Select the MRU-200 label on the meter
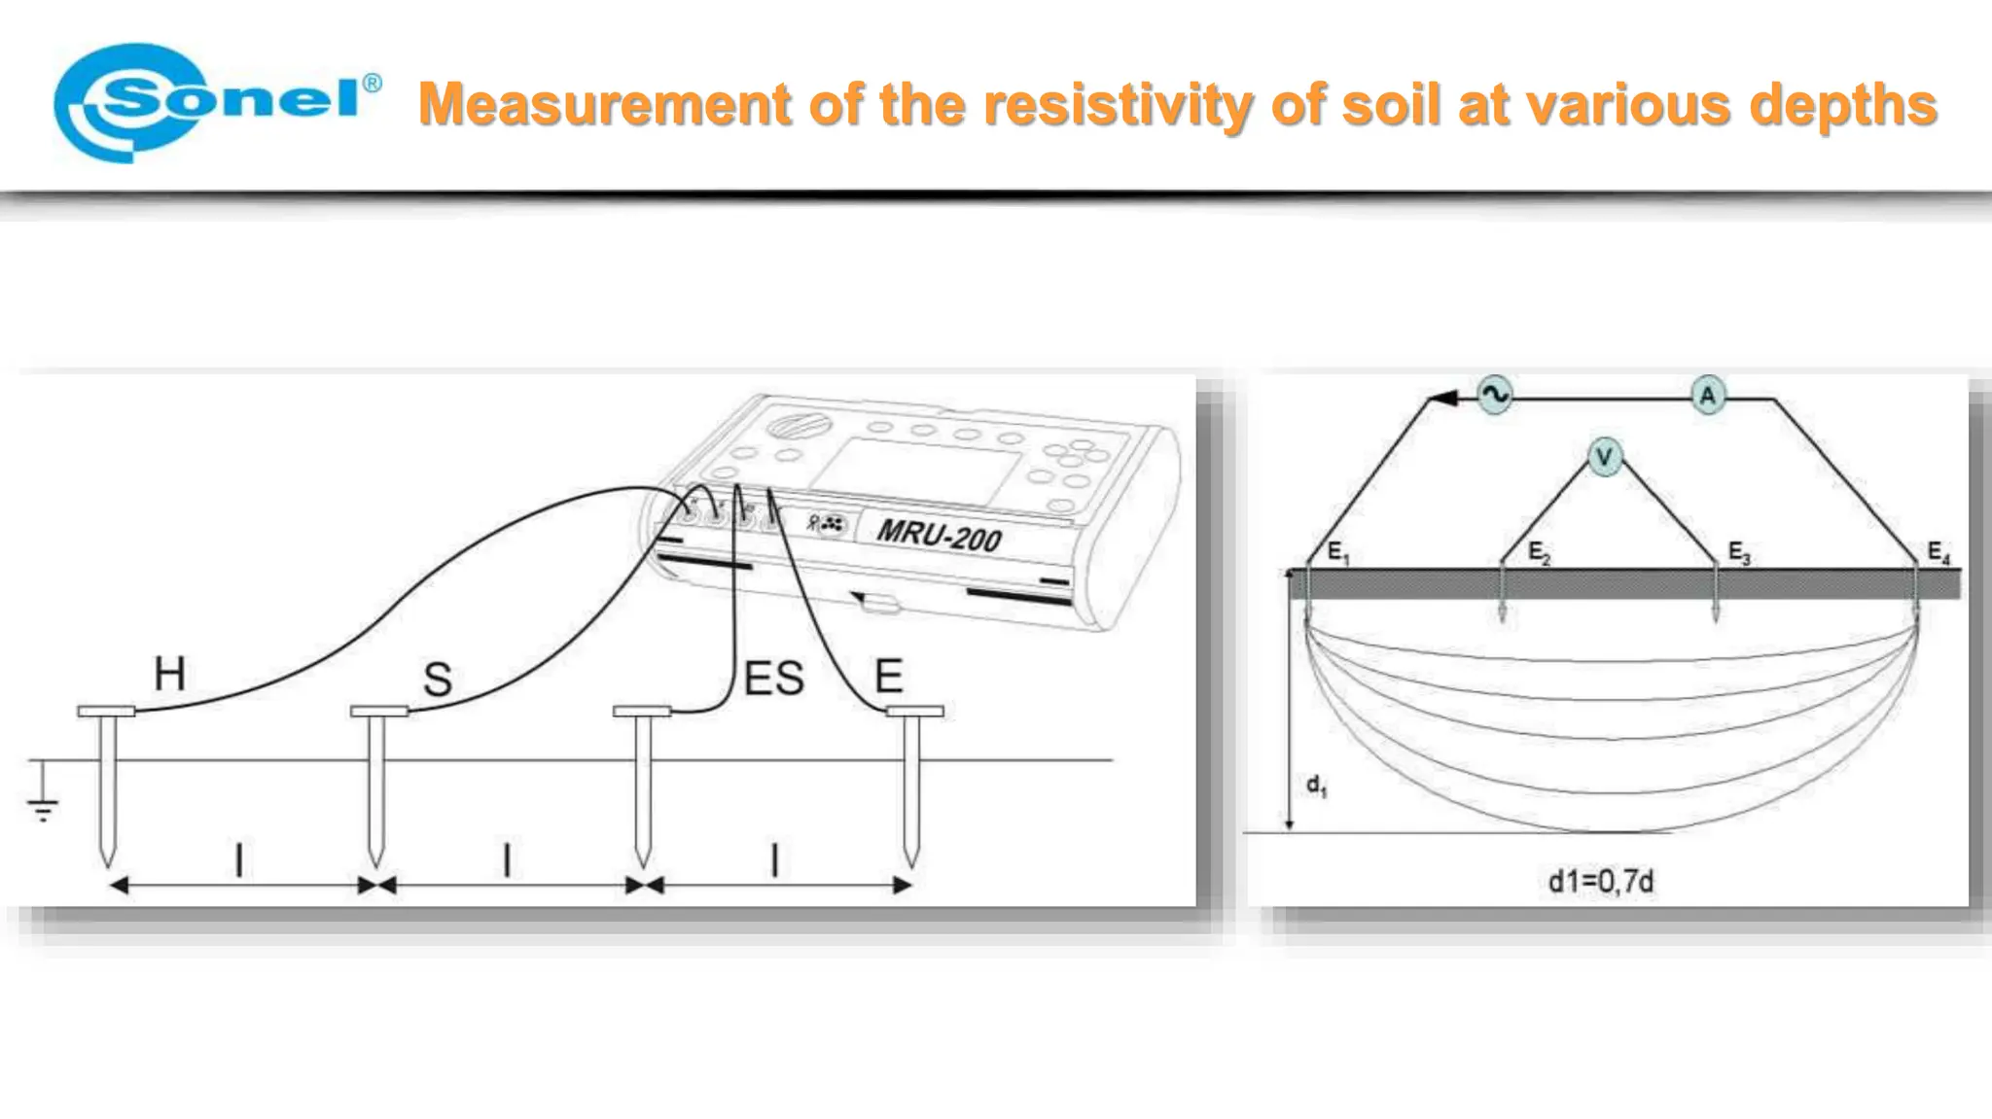point(938,535)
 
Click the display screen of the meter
point(916,472)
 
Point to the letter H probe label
point(169,674)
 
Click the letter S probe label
point(438,679)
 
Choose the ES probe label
point(773,679)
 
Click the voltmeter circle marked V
point(1605,457)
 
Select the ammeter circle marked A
point(1707,396)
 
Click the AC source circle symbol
point(1494,395)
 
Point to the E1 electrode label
point(1338,553)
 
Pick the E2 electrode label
point(1539,553)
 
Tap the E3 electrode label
point(1739,553)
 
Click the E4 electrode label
point(1939,553)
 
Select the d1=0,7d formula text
point(1600,882)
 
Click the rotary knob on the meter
point(798,425)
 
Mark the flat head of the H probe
point(106,712)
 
